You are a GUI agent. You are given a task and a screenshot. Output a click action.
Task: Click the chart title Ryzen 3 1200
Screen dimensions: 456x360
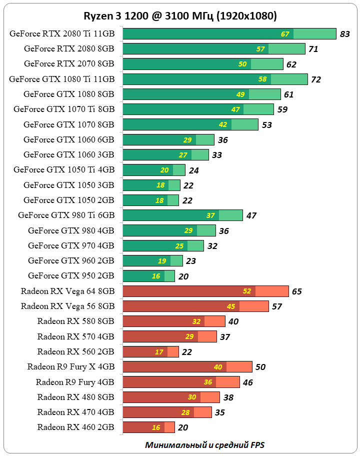coord(179,16)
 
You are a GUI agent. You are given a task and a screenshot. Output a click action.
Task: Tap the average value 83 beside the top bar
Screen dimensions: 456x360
coord(344,34)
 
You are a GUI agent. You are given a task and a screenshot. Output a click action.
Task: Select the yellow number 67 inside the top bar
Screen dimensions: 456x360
coord(285,34)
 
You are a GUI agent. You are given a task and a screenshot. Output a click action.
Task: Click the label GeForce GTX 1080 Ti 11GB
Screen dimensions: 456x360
coord(62,79)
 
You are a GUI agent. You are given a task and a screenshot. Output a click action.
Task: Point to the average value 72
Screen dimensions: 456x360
coord(316,79)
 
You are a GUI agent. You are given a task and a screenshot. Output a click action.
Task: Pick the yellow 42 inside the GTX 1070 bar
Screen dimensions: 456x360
coord(223,124)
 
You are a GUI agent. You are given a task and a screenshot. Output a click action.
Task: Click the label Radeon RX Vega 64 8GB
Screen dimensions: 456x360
coord(68,290)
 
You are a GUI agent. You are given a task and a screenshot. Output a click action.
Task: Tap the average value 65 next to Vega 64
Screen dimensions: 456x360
coord(297,291)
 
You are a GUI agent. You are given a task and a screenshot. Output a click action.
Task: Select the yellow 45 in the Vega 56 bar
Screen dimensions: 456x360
coord(231,306)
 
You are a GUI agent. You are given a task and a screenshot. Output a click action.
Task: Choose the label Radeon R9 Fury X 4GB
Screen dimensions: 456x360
coord(71,366)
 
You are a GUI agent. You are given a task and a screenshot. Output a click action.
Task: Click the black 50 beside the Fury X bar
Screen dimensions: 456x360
coord(260,367)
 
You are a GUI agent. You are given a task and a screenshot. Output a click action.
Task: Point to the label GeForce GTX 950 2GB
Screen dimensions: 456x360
coord(71,275)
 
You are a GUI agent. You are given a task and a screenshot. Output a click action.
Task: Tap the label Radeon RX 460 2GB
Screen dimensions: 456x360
coord(76,427)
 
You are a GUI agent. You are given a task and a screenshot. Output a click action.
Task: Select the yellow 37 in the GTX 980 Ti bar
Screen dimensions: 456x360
coord(210,215)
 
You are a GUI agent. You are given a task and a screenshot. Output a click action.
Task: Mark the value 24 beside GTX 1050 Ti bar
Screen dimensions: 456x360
coord(194,170)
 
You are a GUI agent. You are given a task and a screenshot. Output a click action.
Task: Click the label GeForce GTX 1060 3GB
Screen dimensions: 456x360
coord(69,154)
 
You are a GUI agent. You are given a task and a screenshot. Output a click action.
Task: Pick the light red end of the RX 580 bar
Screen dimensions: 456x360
coord(214,321)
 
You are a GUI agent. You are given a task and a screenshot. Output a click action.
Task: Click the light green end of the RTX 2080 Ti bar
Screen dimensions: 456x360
coord(314,33)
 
